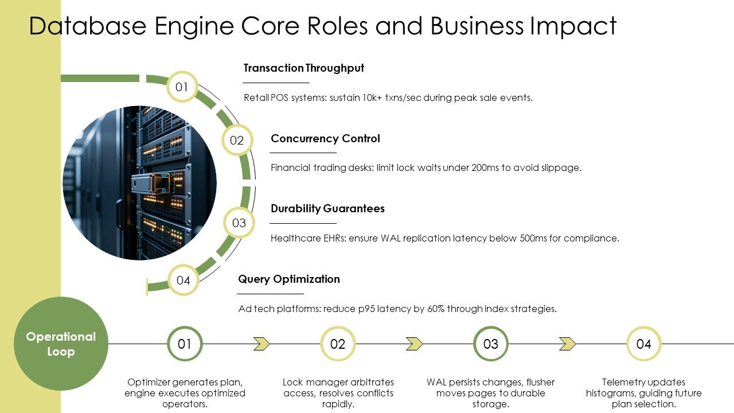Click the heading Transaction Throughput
click(303, 68)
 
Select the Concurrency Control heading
click(325, 139)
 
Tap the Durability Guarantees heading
click(327, 209)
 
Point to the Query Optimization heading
click(289, 279)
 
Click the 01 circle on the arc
click(182, 87)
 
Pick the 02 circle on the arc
click(237, 141)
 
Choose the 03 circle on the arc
click(239, 223)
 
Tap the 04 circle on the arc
click(183, 280)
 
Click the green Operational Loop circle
click(61, 344)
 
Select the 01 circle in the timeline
click(185, 344)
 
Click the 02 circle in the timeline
click(338, 344)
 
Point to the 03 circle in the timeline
click(491, 344)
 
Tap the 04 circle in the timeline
click(644, 344)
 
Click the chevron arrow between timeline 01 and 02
click(261, 344)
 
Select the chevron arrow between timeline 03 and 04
click(568, 344)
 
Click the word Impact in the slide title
click(573, 26)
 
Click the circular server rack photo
click(139, 183)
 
